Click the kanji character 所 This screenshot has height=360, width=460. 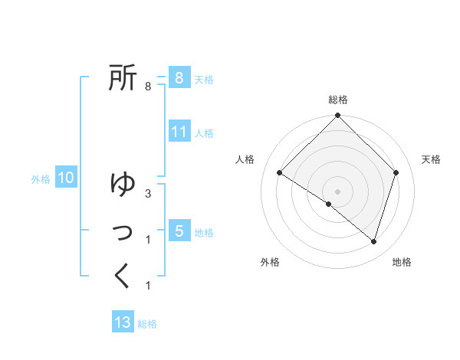[x=123, y=77]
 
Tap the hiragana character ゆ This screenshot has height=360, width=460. [x=123, y=183]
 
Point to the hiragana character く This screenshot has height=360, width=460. [x=123, y=276]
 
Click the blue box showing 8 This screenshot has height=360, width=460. [x=179, y=77]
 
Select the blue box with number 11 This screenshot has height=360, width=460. [x=179, y=131]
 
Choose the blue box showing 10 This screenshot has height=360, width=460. [x=65, y=178]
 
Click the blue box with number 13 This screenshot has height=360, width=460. [x=123, y=322]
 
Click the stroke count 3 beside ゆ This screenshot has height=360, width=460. [x=147, y=194]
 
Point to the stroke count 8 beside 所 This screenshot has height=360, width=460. [x=147, y=87]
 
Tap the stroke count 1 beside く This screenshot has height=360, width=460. [x=147, y=286]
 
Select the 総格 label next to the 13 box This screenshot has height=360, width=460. [x=147, y=324]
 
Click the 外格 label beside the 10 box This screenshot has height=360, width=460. [x=41, y=179]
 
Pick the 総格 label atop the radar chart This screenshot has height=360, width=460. [x=337, y=100]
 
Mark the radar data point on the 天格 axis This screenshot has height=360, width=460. [x=396, y=172]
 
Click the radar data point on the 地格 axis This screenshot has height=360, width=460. [x=373, y=242]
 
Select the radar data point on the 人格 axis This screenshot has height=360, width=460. [x=279, y=172]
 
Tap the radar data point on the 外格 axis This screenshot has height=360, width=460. [x=328, y=205]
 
